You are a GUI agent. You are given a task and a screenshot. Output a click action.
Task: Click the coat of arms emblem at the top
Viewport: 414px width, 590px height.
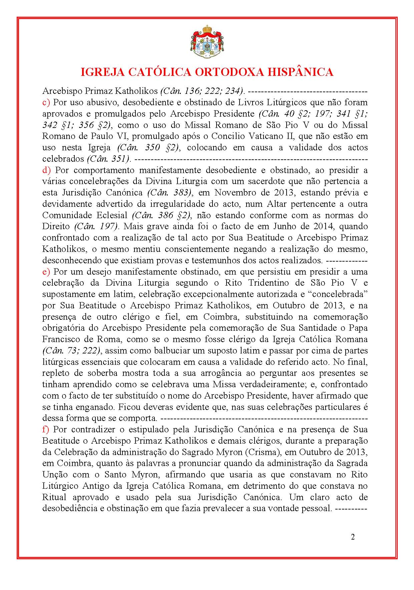[207, 42]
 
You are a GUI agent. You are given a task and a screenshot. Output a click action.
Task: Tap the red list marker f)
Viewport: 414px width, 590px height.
[46, 430]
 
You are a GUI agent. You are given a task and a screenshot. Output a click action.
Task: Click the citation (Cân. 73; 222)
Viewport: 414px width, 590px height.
[71, 351]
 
